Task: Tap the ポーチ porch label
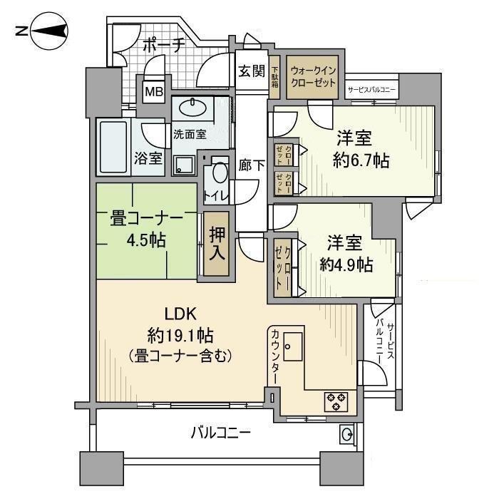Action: [x=163, y=45]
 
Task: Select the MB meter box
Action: [x=153, y=91]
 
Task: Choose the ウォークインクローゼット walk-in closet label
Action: [x=314, y=76]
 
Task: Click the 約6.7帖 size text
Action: [x=361, y=161]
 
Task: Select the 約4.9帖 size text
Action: [x=346, y=265]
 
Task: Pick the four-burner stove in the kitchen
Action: [x=336, y=401]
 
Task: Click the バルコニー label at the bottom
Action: [x=220, y=432]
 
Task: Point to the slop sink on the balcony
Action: [x=346, y=433]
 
